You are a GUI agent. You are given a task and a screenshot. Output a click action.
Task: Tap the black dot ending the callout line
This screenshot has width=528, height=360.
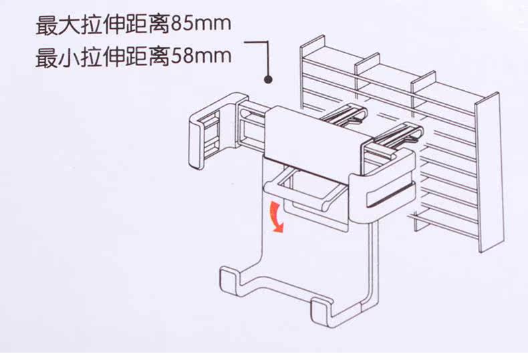(269, 79)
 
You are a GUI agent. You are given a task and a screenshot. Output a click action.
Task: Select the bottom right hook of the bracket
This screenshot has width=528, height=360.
(324, 313)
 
